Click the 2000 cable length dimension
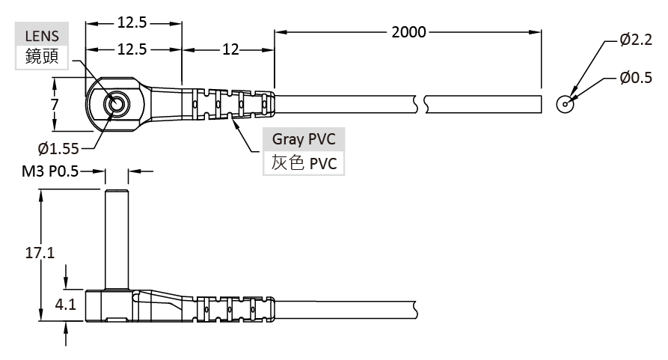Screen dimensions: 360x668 [408, 31]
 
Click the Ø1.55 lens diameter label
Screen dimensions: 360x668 [58, 147]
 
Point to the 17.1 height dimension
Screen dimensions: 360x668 [40, 253]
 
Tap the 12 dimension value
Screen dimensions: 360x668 [230, 49]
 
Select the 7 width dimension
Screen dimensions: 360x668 [54, 105]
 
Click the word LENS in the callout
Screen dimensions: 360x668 [41, 35]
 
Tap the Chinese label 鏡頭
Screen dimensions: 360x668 [41, 57]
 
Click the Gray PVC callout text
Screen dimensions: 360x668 [303, 138]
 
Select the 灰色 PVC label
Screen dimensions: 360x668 [303, 162]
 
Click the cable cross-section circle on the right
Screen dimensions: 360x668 [566, 103]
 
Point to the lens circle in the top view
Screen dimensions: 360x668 [117, 103]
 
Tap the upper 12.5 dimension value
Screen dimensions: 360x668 [132, 22]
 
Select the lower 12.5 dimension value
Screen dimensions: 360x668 [132, 49]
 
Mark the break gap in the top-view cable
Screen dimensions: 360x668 [420, 103]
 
